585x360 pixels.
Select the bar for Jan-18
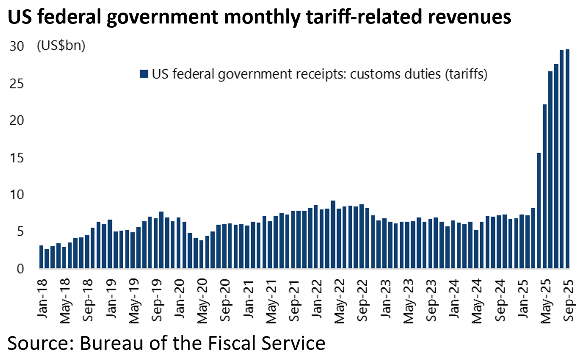41,257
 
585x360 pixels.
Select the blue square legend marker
144,74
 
